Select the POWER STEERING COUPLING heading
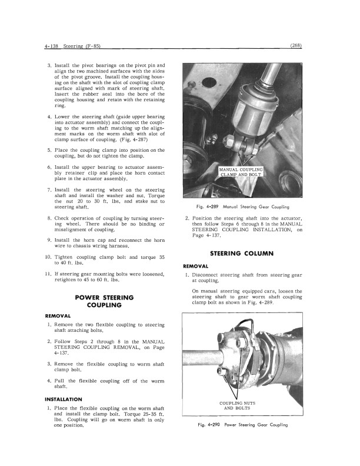104,302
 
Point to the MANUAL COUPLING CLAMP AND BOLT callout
241,172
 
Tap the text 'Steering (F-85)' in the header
81,45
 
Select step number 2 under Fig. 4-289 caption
186,219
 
